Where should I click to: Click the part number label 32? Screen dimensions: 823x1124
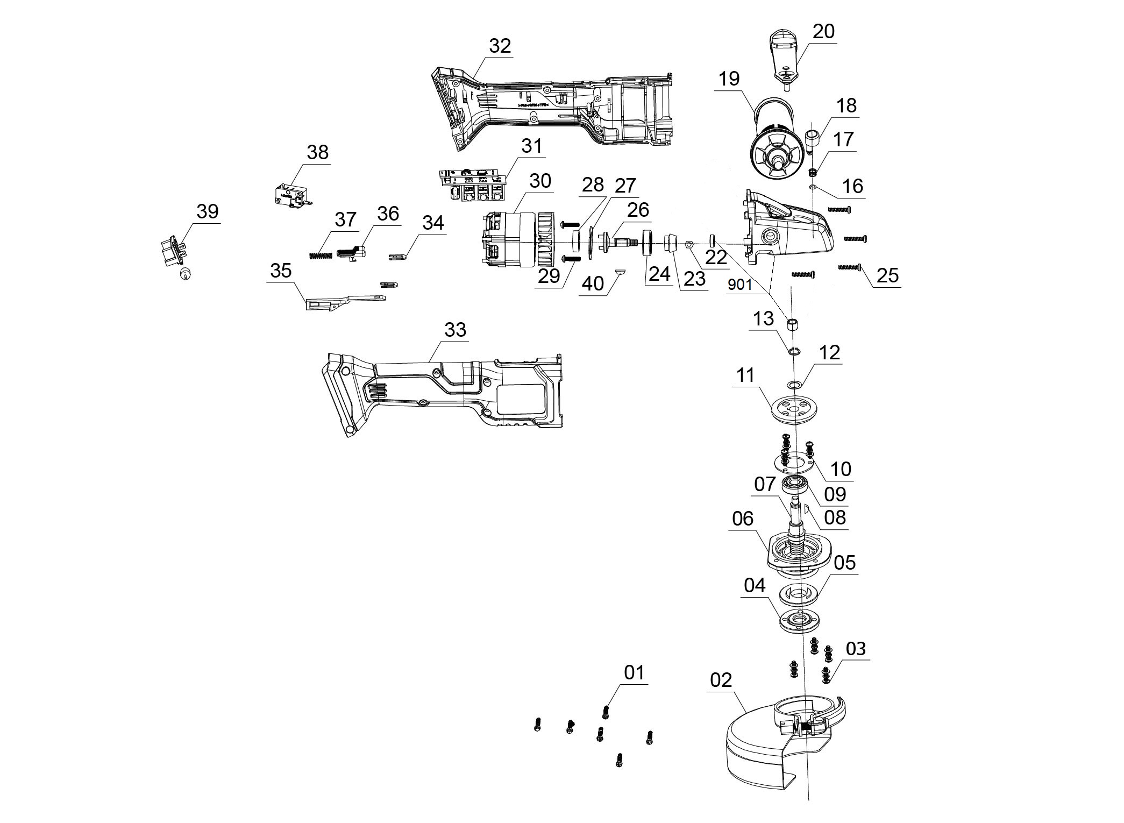pos(500,46)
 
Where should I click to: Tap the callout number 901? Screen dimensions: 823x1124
pos(739,285)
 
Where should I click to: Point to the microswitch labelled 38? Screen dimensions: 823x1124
pos(290,195)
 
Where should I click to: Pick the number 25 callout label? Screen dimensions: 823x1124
pos(887,275)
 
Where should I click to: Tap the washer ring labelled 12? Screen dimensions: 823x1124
pos(794,384)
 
